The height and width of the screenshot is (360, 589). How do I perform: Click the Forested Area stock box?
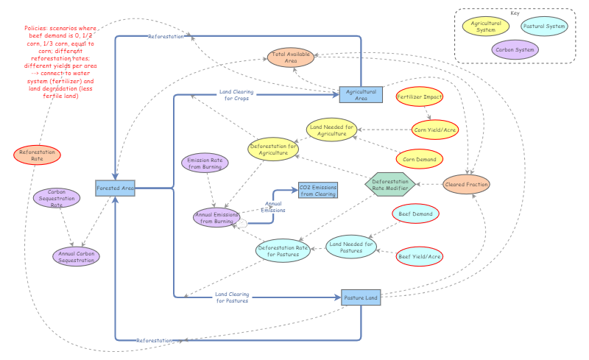pyautogui.click(x=116, y=188)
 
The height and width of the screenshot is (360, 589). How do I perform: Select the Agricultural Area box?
pyautogui.click(x=361, y=94)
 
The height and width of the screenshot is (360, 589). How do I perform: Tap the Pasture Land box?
pyautogui.click(x=361, y=297)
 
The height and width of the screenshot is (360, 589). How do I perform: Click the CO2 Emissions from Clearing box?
pyautogui.click(x=318, y=191)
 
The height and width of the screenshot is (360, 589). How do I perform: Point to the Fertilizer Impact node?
pyautogui.click(x=419, y=97)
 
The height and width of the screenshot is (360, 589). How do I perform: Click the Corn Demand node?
pyautogui.click(x=419, y=158)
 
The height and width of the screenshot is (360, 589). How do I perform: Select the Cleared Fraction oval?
pyautogui.click(x=466, y=185)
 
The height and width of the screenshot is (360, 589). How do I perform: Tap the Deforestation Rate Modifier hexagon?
pyautogui.click(x=391, y=184)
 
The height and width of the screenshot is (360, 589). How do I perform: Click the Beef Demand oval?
pyautogui.click(x=415, y=214)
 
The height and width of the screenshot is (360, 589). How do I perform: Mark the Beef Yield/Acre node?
pyautogui.click(x=420, y=256)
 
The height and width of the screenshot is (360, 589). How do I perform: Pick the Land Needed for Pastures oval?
pyautogui.click(x=351, y=247)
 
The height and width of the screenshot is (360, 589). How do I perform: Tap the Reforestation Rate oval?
pyautogui.click(x=37, y=155)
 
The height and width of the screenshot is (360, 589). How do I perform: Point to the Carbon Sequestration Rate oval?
pyautogui.click(x=57, y=198)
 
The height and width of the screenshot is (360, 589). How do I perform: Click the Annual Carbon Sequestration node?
pyautogui.click(x=76, y=256)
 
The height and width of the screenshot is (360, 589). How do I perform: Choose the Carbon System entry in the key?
pyautogui.click(x=515, y=49)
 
